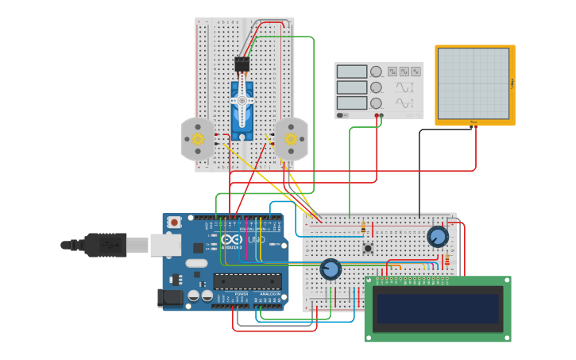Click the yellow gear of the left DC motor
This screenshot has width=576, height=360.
click(x=198, y=139)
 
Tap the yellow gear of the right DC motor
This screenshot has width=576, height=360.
click(x=291, y=139)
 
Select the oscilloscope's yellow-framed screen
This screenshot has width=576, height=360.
click(x=474, y=83)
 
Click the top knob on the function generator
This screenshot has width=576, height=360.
click(x=376, y=72)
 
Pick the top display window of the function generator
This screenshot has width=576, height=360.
click(x=352, y=72)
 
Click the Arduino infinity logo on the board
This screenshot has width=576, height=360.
click(x=230, y=240)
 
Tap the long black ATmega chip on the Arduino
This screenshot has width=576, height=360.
click(x=247, y=281)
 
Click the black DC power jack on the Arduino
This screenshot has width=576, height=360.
click(x=170, y=298)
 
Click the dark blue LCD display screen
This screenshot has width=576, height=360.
click(x=438, y=309)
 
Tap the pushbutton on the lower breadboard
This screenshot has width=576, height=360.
click(x=368, y=249)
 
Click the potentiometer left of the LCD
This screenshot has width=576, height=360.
click(x=331, y=269)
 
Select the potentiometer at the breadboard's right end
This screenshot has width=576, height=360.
click(x=437, y=237)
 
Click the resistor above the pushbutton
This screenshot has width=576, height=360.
click(x=364, y=227)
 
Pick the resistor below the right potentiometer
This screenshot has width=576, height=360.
click(x=446, y=259)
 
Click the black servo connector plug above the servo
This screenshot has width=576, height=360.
click(x=242, y=64)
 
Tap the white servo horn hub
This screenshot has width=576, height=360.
click(x=242, y=100)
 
